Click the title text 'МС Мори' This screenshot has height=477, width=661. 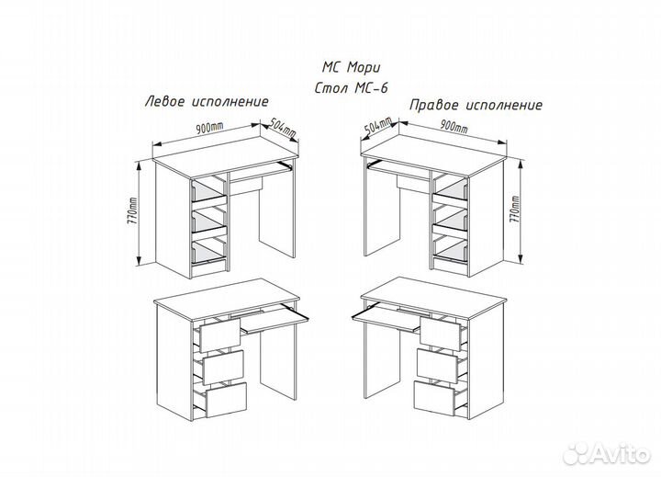point(351,67)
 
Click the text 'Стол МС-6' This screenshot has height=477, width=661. point(351,88)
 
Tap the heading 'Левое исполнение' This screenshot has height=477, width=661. point(207,102)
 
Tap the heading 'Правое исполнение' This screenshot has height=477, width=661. point(476,105)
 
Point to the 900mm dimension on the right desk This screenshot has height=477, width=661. point(454,126)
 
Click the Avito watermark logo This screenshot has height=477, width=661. point(607,453)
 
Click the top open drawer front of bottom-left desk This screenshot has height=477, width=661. point(220,335)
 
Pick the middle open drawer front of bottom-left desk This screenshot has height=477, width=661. point(223,367)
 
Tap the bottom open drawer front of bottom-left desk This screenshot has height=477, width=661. point(226,399)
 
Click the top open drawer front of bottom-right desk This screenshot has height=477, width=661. point(439,333)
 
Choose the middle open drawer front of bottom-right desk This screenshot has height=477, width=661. point(436,365)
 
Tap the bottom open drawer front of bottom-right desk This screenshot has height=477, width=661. point(433,397)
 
